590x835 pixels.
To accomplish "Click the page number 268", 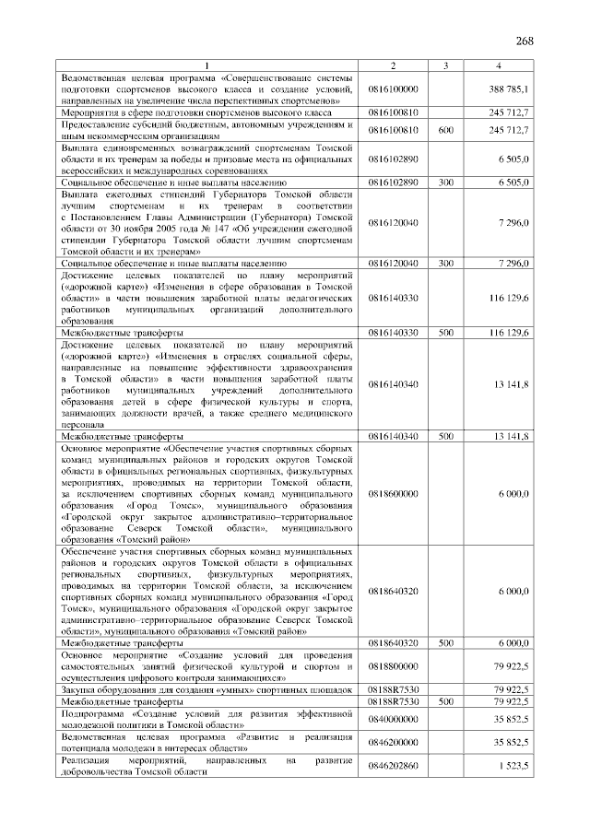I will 525,41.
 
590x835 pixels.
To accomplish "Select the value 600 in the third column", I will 445,130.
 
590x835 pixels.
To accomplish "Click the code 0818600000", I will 393,494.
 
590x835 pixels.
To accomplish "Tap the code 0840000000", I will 393,719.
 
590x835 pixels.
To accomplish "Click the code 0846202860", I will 393,766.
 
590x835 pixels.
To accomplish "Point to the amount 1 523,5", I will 512,766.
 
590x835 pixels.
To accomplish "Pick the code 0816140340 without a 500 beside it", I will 393,382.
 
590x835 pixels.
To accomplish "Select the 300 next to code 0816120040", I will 445,264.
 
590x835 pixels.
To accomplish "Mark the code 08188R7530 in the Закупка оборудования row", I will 393,689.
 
